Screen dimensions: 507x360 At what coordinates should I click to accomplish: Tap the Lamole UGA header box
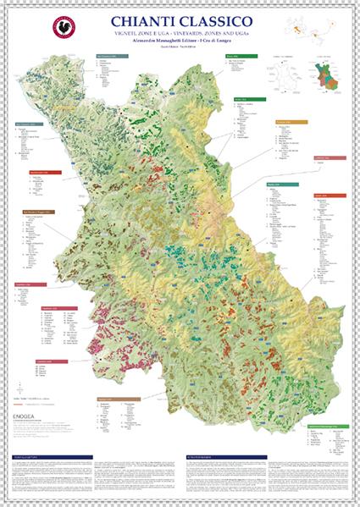[330, 157]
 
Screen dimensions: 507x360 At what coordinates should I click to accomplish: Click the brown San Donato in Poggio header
[39, 212]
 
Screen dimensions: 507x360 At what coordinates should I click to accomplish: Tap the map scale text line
[35, 397]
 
